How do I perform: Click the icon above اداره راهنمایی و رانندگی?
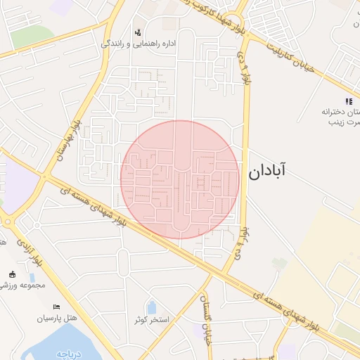tap(138, 31)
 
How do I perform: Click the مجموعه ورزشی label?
tap(22, 285)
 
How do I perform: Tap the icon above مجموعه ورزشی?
tap(12, 274)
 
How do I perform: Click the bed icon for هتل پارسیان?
tap(57, 307)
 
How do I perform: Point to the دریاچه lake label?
tap(70, 354)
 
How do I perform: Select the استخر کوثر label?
tap(153, 320)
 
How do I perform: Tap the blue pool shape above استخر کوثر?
tap(152, 307)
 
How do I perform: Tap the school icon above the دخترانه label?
tap(349, 102)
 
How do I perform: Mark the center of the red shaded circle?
tap(180, 179)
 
